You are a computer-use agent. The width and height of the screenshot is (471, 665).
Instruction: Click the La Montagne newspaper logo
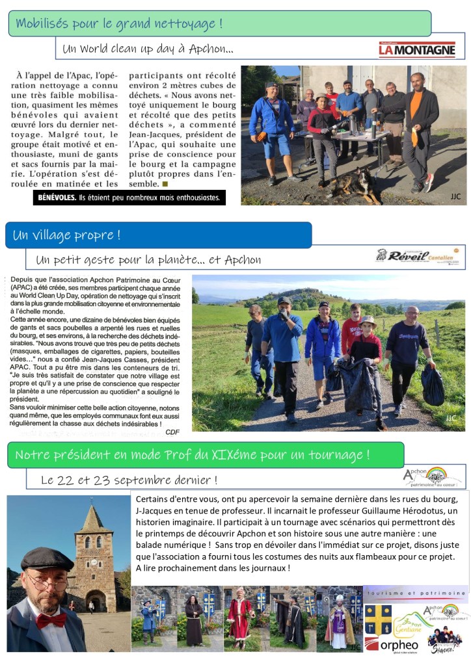pyautogui.click(x=417, y=50)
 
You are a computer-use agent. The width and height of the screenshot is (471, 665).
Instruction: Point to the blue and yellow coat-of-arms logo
pyautogui.click(x=378, y=619)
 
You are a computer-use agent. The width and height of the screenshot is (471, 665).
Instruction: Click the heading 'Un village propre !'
pyautogui.click(x=67, y=235)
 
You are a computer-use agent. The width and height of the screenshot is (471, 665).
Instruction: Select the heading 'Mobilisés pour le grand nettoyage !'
pyautogui.click(x=119, y=24)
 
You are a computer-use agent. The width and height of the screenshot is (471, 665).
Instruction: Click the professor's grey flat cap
pyautogui.click(x=47, y=558)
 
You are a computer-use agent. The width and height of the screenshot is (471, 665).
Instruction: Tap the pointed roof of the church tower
pyautogui.click(x=94, y=519)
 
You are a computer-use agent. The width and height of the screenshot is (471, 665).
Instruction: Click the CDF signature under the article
pyautogui.click(x=172, y=431)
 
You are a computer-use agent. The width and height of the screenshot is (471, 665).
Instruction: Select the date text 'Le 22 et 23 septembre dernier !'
pyautogui.click(x=129, y=480)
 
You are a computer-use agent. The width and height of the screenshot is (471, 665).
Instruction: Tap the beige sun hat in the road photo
pyautogui.click(x=368, y=321)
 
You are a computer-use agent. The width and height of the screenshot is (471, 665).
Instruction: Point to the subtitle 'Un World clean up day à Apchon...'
pyautogui.click(x=148, y=49)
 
